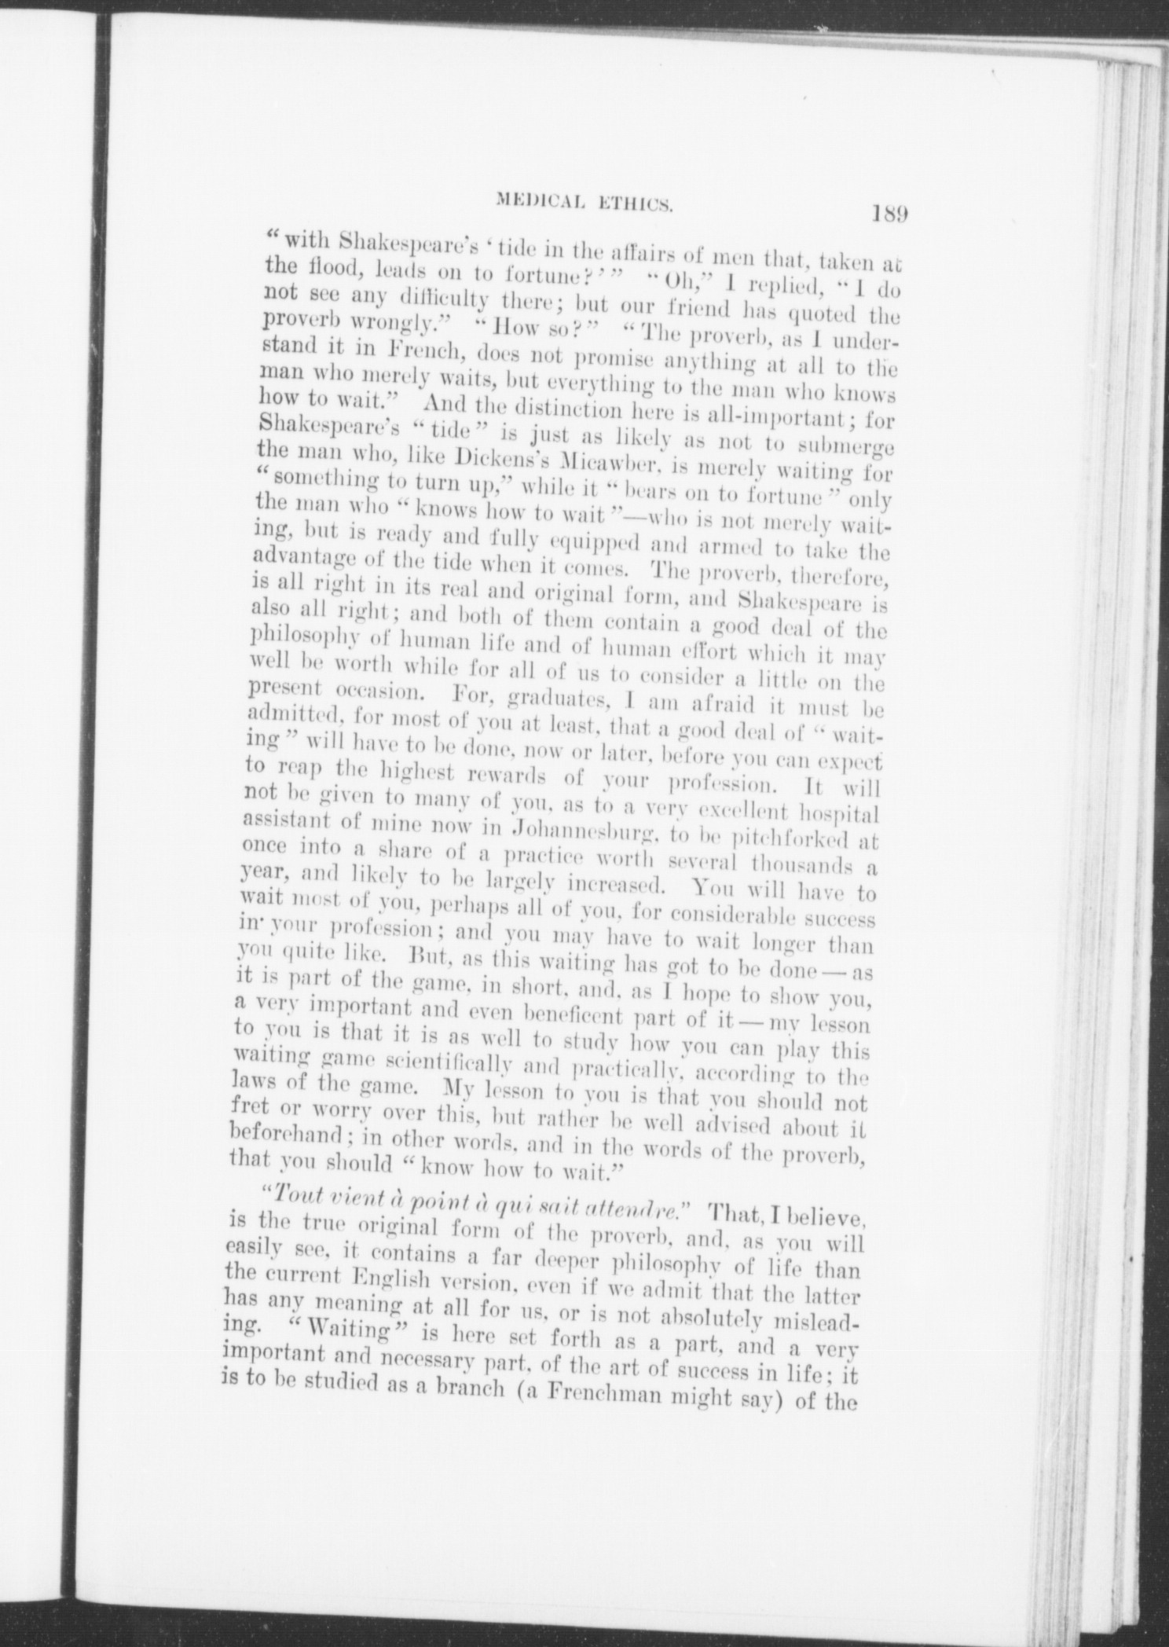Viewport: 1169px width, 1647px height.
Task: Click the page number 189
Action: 889,214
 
